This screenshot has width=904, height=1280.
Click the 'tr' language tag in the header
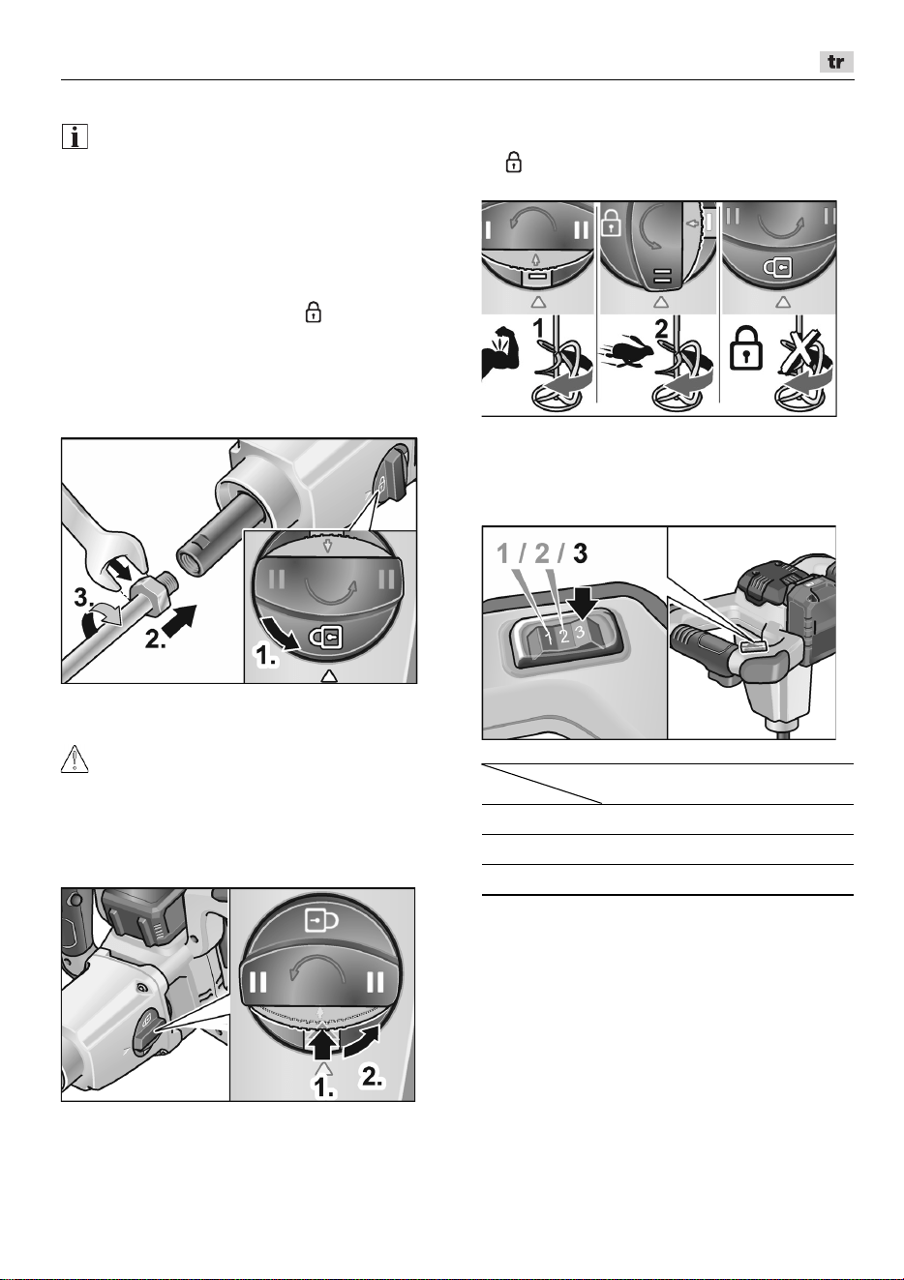tap(836, 62)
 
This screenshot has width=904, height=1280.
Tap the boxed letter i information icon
tap(75, 137)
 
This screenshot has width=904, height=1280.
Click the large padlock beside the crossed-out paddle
tap(746, 347)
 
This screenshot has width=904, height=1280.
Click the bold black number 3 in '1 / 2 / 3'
tap(579, 553)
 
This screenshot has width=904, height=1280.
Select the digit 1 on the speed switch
tap(549, 639)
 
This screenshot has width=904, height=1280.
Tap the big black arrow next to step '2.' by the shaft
tap(180, 619)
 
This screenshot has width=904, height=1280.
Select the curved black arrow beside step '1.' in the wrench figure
tap(280, 633)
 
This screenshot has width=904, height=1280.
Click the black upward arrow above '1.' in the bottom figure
tap(323, 1046)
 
